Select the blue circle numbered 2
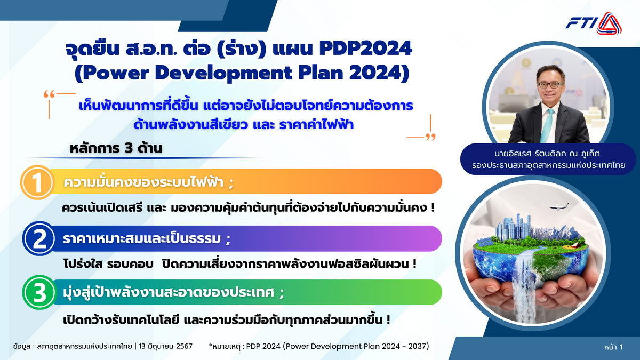coord(39,239)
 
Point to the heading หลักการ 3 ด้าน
coord(116,148)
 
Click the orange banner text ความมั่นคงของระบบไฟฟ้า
coord(148,182)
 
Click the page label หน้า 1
coord(613,347)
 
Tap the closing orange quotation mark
coord(430,137)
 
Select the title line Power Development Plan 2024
coord(242,73)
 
